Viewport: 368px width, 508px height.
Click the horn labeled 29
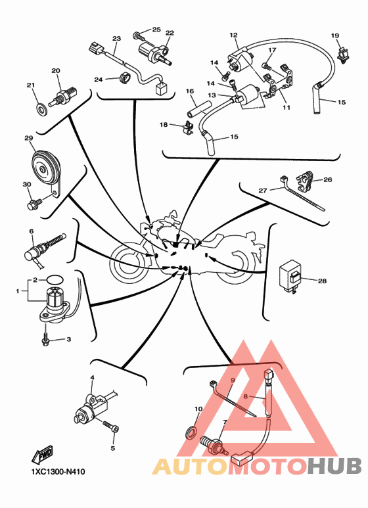coord(46,168)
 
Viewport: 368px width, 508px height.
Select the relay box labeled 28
coord(290,276)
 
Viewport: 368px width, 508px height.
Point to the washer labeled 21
coord(41,109)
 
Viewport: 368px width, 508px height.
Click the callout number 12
coord(233,35)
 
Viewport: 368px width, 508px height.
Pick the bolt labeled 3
coord(45,338)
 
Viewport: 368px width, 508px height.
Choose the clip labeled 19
coord(344,55)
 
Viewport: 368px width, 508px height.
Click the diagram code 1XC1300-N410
coord(58,471)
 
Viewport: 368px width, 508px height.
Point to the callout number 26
coord(328,179)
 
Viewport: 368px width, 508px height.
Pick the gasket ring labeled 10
coord(191,433)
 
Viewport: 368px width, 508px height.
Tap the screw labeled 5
coord(111,426)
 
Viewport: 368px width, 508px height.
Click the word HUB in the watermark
coord(334,466)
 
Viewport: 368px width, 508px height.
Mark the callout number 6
coord(32,231)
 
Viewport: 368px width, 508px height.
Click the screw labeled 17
coord(265,66)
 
